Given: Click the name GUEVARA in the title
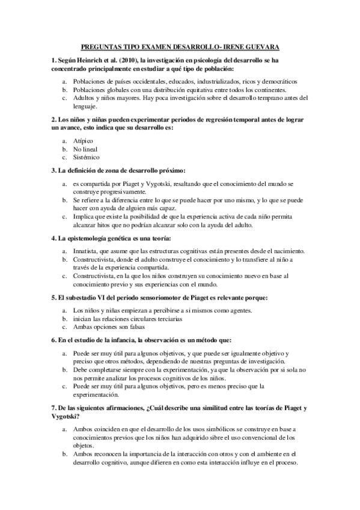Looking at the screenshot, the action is tap(261, 46).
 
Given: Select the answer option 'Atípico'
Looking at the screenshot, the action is tap(84, 140).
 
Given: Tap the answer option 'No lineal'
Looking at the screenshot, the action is tap(85, 149).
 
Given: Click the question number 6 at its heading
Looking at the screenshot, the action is tap(53, 340).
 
